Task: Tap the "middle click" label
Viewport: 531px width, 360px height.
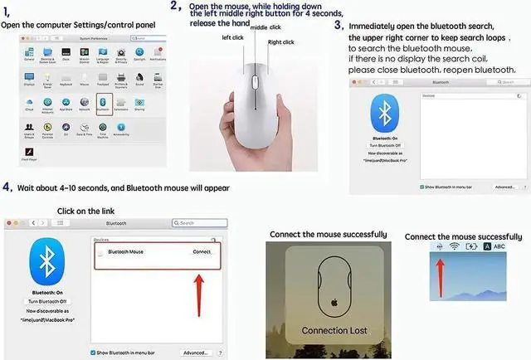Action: click(x=265, y=27)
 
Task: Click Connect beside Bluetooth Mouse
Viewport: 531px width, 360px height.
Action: click(x=202, y=251)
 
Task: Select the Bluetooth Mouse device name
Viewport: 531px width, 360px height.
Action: click(x=125, y=251)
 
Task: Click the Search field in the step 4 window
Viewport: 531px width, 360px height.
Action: click(x=199, y=223)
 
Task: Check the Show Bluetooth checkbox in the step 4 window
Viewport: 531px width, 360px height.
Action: click(x=93, y=353)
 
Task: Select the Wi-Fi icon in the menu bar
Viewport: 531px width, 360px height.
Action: click(x=455, y=247)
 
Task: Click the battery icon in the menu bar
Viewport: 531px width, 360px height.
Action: click(x=472, y=247)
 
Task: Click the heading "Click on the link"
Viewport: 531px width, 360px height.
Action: click(x=85, y=211)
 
